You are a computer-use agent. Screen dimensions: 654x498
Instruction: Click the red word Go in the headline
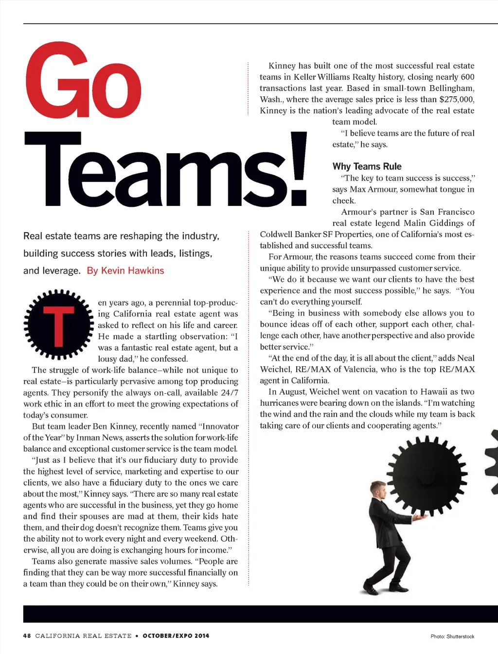point(83,81)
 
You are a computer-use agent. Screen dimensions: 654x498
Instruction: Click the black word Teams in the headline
point(150,170)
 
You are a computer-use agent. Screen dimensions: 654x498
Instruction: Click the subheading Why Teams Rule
point(367,166)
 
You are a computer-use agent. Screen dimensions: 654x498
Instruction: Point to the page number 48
point(27,636)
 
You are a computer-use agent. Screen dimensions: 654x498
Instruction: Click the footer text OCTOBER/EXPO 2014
point(176,636)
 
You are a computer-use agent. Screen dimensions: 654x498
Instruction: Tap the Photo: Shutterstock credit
point(452,636)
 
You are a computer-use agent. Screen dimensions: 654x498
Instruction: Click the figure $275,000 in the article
point(456,99)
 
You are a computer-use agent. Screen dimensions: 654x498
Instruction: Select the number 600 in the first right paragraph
point(467,77)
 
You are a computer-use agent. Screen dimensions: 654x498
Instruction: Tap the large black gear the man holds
point(427,475)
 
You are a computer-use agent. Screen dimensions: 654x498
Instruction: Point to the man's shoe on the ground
point(372,590)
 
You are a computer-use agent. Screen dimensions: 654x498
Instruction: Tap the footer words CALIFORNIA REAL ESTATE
point(83,636)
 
